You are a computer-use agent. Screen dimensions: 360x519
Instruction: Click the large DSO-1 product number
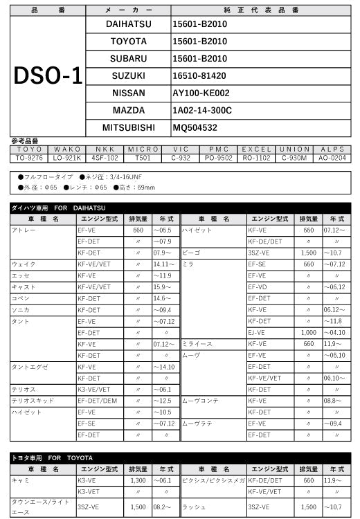(48, 75)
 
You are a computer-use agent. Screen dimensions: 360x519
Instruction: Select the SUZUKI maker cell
(128, 75)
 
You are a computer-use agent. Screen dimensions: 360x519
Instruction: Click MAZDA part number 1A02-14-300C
(202, 110)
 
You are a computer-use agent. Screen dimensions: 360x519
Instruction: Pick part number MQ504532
(195, 127)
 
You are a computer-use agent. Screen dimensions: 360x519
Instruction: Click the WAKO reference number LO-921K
(67, 158)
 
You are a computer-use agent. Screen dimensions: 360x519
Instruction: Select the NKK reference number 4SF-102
(105, 158)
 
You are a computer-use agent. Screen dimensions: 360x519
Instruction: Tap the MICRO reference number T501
(143, 158)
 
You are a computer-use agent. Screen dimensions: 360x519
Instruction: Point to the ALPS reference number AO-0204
(333, 158)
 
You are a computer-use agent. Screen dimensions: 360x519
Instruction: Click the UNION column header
(295, 149)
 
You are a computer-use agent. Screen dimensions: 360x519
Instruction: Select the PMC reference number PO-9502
(219, 158)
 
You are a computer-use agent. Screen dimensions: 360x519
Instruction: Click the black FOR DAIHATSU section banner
(180, 208)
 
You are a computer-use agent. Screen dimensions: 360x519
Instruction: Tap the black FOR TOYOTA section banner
(180, 458)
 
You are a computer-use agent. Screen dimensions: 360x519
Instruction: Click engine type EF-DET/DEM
(98, 401)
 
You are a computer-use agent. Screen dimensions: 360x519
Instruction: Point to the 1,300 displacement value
(138, 480)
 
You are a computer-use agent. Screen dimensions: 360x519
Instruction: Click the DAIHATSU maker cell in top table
(128, 24)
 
